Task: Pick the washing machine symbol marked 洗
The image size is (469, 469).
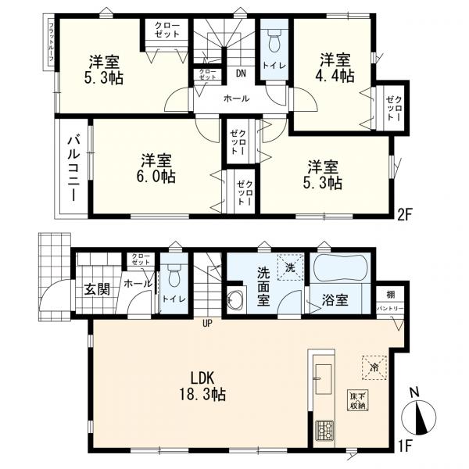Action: coord(290,266)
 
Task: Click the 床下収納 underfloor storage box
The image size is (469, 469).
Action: coord(359,399)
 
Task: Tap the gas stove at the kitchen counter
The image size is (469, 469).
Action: coord(323,430)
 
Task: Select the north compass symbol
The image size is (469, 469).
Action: coord(422,414)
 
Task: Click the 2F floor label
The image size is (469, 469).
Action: coord(405,212)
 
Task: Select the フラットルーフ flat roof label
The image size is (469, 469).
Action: coord(52,44)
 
